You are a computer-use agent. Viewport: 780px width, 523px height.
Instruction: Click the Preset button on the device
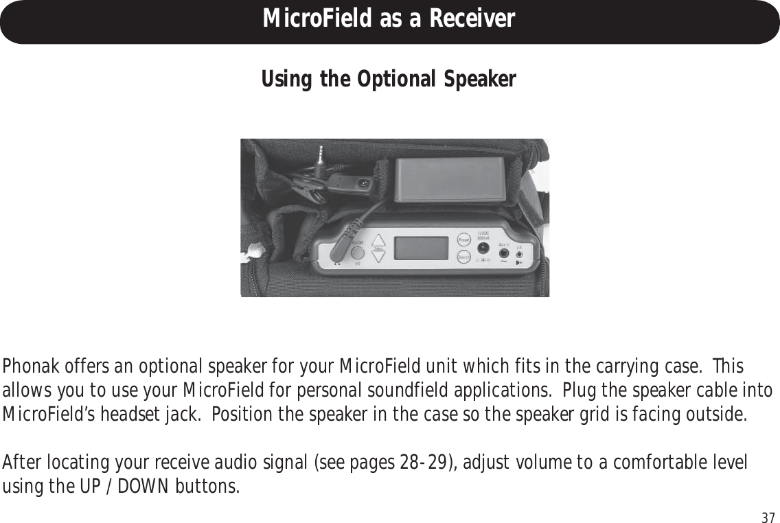click(463, 240)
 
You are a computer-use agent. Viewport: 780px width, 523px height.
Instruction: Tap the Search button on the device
click(463, 257)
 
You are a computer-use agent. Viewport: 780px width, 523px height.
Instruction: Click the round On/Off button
click(357, 253)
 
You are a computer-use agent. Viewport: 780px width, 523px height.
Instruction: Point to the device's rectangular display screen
click(422, 248)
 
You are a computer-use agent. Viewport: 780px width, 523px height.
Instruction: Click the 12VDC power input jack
click(482, 248)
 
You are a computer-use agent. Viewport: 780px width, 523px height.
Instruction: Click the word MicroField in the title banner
click(316, 19)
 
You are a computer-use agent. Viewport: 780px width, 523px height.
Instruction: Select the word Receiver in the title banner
click(473, 19)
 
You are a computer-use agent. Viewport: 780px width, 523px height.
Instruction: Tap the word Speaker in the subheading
click(481, 80)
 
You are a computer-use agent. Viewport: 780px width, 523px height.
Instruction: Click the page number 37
click(768, 517)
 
